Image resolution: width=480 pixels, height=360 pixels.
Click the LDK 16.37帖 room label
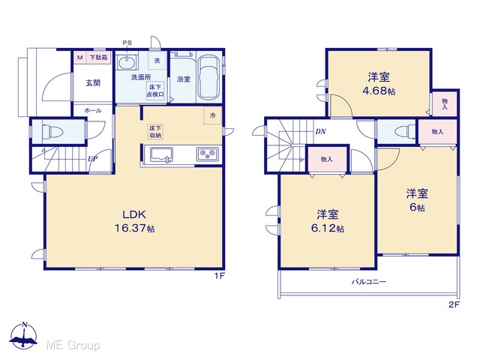pyautogui.click(x=135, y=222)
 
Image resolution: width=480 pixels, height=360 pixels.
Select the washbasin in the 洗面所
pyautogui.click(x=126, y=62)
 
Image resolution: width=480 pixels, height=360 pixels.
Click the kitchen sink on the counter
pyautogui.click(x=161, y=155)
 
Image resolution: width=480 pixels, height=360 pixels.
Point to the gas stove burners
pyautogui.click(x=208, y=154)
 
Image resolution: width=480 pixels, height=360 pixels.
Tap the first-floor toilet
pyautogui.click(x=52, y=132)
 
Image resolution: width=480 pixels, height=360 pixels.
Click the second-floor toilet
pyautogui.click(x=405, y=132)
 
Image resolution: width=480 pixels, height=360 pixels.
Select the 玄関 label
pyautogui.click(x=93, y=82)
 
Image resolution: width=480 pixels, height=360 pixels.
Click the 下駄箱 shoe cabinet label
pyautogui.click(x=98, y=57)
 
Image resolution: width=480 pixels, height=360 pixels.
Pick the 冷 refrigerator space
pyautogui.click(x=212, y=115)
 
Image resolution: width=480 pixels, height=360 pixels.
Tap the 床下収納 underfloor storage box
pyautogui.click(x=155, y=132)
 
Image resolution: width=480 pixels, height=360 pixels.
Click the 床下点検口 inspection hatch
pyautogui.click(x=155, y=91)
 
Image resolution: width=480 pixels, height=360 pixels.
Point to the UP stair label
pyautogui.click(x=92, y=159)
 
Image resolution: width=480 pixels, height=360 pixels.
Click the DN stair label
pyautogui.click(x=320, y=132)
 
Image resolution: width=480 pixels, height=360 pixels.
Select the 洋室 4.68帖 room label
pyautogui.click(x=379, y=83)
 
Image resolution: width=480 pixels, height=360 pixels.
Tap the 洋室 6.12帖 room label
pyautogui.click(x=328, y=221)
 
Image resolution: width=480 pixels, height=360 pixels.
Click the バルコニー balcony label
pyautogui.click(x=368, y=281)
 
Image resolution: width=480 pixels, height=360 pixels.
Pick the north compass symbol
pyautogui.click(x=24, y=336)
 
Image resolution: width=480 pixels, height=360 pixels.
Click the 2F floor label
pyautogui.click(x=454, y=304)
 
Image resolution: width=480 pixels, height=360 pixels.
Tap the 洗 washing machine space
pyautogui.click(x=157, y=60)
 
